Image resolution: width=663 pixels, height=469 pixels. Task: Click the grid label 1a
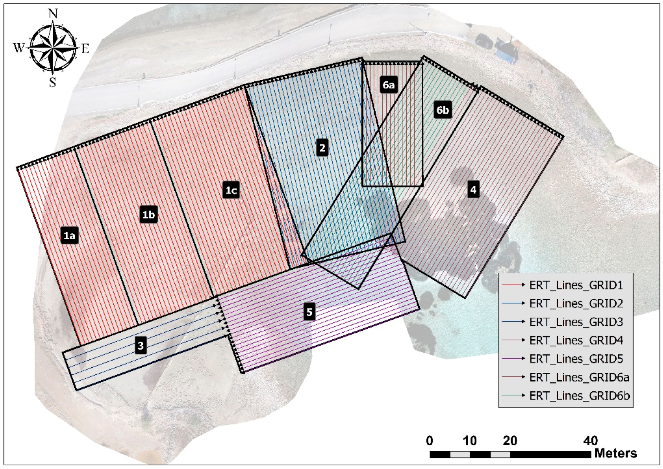tap(70, 235)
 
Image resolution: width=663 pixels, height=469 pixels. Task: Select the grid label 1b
tap(148, 215)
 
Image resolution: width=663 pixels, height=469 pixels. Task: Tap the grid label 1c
tap(231, 190)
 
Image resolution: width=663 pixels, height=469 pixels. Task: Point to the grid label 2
tap(322, 148)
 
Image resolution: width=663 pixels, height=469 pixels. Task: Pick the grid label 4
tap(473, 190)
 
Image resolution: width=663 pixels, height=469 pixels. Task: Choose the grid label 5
tap(309, 312)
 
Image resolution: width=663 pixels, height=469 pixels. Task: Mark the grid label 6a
tap(388, 85)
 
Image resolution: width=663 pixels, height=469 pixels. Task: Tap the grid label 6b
tap(443, 110)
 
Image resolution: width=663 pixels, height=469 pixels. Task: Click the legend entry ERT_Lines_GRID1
tap(576, 285)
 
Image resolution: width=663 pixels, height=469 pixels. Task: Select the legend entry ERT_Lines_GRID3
tap(576, 322)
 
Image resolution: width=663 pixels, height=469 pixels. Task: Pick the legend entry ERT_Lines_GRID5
tap(576, 359)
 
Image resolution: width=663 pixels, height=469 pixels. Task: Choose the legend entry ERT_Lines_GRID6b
tap(579, 396)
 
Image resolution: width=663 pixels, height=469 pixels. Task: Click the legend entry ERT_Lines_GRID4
tap(576, 341)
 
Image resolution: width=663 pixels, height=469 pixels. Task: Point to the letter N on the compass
tap(53, 14)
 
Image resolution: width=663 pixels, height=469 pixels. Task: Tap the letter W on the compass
tap(19, 48)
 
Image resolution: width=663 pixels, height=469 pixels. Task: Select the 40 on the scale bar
tap(590, 441)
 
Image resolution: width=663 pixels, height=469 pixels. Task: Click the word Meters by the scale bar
tap(616, 453)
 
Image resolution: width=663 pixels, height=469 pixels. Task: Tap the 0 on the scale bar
tap(430, 441)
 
